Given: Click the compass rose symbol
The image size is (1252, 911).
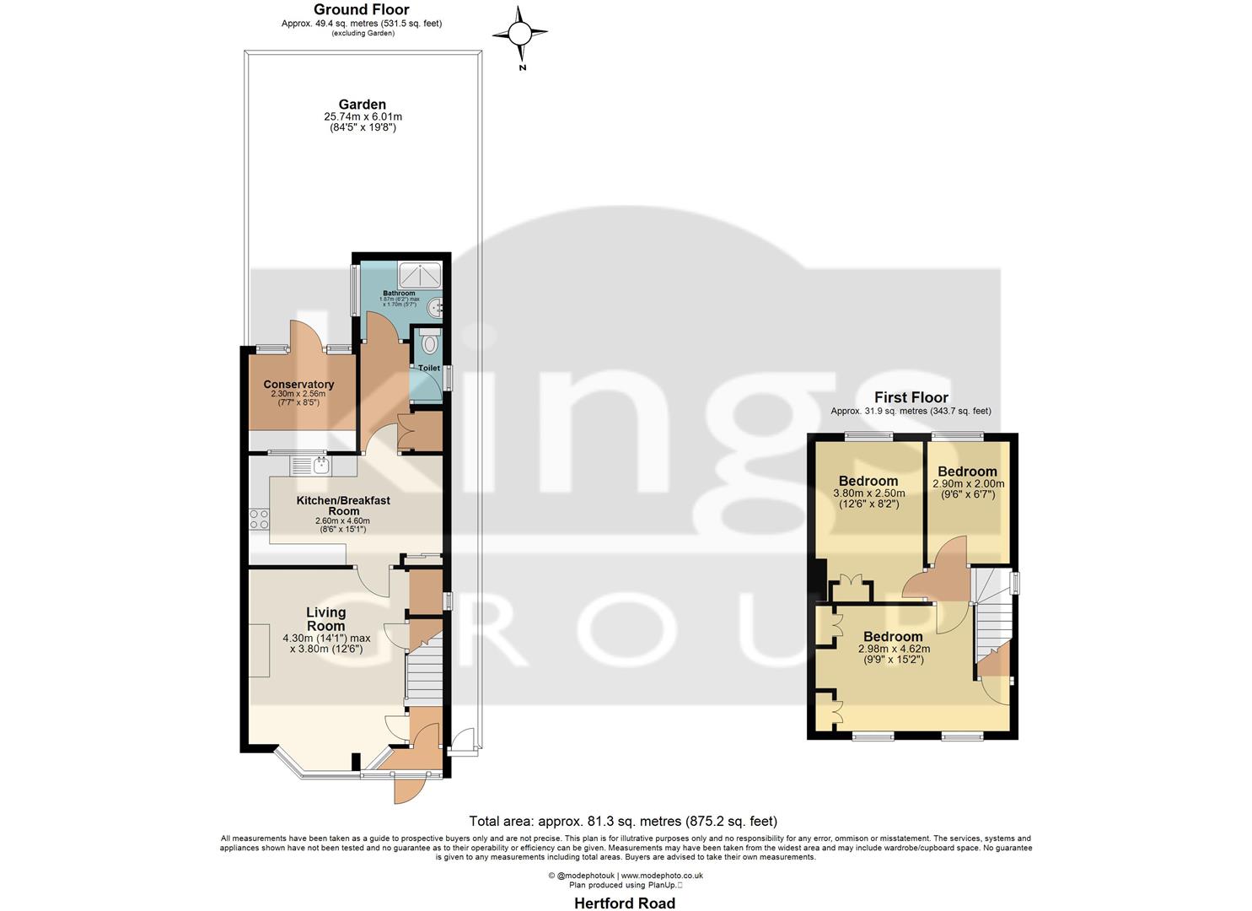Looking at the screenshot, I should tap(520, 34).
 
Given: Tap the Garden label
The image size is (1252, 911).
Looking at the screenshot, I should tap(362, 105).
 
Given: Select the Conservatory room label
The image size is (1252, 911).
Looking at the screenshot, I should tap(298, 384).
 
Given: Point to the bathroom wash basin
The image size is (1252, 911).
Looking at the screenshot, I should tap(435, 309).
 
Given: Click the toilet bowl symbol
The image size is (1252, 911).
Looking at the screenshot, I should tap(429, 344).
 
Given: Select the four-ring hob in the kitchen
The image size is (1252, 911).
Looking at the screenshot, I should tap(259, 519).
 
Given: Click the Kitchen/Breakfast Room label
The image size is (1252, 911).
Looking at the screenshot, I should tap(343, 505).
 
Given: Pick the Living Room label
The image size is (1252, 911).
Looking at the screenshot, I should tap(325, 619).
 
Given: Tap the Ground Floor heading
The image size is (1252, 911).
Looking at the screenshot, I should tap(361, 10).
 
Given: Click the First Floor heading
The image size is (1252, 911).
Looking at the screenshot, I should tap(911, 397).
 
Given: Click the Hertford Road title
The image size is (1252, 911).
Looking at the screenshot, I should tap(625, 903).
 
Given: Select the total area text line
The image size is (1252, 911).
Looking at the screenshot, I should tap(623, 821).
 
